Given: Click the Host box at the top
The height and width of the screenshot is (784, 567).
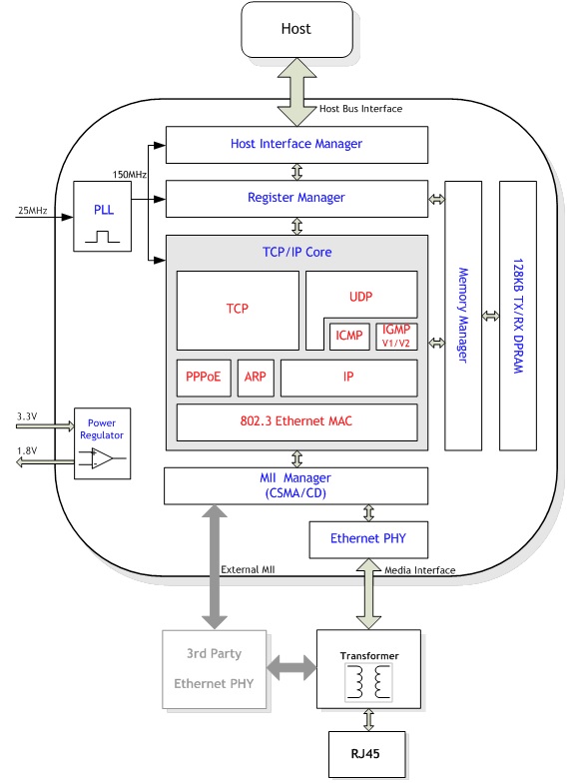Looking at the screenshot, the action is click(296, 29).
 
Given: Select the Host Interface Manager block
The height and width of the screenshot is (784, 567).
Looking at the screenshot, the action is click(296, 145).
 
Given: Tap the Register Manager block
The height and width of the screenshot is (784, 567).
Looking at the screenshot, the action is click(296, 199).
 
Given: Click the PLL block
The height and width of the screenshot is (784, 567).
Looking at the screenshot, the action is click(103, 216).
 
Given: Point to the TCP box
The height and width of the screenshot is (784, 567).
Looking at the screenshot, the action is click(238, 311).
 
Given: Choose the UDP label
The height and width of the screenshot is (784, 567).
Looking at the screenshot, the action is click(360, 297).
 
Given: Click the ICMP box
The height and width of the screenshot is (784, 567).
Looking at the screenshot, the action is click(349, 336).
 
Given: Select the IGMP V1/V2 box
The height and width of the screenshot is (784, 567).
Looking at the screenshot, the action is click(396, 336).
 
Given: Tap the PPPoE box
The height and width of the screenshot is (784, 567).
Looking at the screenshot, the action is click(204, 378).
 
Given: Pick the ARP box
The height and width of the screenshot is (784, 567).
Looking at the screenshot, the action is click(256, 378).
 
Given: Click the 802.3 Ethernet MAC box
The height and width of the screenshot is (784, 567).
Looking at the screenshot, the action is click(296, 422).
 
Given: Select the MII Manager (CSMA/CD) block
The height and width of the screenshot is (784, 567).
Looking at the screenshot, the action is click(295, 485).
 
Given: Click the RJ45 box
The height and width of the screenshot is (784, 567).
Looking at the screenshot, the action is click(366, 754).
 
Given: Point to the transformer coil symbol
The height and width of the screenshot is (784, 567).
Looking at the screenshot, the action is click(368, 682).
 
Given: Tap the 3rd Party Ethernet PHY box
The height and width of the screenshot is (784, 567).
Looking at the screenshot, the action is click(215, 669).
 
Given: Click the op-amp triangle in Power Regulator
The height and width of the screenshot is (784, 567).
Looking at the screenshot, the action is click(102, 458).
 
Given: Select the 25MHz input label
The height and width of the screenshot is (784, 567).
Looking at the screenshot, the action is click(33, 211).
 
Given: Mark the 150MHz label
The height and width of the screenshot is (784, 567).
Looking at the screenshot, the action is click(130, 175).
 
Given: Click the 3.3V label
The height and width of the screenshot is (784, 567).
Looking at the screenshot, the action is click(27, 416).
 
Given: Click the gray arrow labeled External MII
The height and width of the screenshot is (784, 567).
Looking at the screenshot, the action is click(215, 567).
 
